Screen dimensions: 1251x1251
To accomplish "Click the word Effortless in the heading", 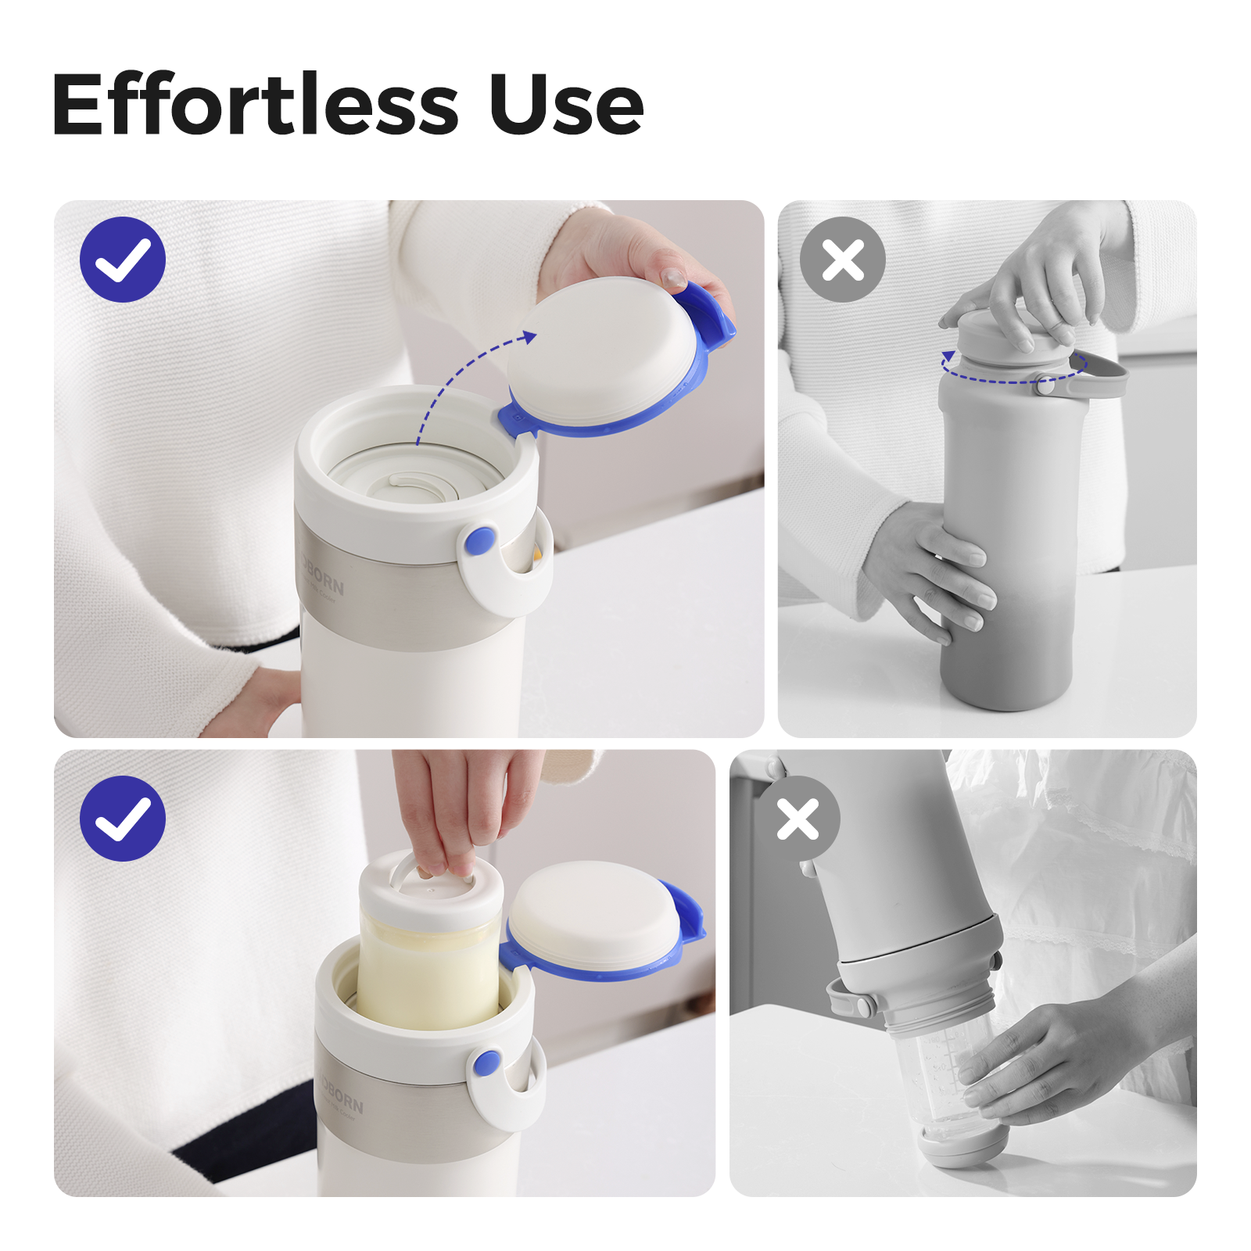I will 255,105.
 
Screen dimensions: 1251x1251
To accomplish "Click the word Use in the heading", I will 566,105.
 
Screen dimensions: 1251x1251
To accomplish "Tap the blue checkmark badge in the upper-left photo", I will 123,260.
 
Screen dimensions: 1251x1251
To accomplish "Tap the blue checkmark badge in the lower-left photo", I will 123,819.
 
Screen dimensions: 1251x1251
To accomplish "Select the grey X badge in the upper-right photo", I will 842,260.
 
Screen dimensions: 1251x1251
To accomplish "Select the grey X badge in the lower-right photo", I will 798,819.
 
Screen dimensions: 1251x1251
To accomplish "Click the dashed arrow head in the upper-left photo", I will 529,337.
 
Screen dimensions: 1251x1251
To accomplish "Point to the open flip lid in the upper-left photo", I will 602,356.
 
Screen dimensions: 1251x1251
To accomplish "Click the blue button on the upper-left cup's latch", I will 479,541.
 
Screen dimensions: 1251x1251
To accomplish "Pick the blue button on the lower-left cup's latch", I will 487,1063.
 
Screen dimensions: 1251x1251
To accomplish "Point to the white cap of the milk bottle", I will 430,891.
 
